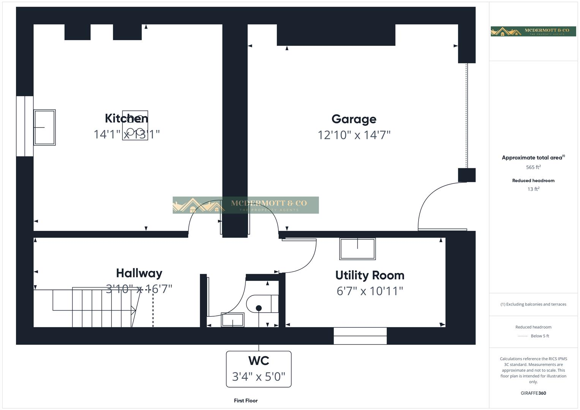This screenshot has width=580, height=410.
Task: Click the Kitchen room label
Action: pyautogui.click(x=126, y=118)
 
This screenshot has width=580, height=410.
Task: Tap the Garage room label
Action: pyautogui.click(x=354, y=119)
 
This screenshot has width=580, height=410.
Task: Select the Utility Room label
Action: pyautogui.click(x=370, y=275)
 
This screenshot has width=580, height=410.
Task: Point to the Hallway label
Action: pyautogui.click(x=139, y=273)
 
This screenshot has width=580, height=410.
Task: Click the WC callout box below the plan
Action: pyautogui.click(x=259, y=369)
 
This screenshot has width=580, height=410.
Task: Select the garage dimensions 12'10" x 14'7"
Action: pyautogui.click(x=354, y=135)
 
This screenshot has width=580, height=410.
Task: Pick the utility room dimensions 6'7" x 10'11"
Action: pyautogui.click(x=370, y=291)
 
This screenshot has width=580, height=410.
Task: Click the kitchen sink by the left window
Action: pyautogui.click(x=44, y=128)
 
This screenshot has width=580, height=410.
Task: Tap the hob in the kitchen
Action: pyautogui.click(x=135, y=126)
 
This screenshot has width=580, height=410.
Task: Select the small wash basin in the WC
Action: pyautogui.click(x=232, y=320)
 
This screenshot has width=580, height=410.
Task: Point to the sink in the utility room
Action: pyautogui.click(x=357, y=249)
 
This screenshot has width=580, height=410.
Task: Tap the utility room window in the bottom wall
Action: pyautogui.click(x=360, y=336)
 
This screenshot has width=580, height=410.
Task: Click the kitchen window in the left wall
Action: pyautogui.click(x=25, y=126)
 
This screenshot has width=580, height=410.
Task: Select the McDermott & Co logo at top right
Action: pyautogui.click(x=533, y=32)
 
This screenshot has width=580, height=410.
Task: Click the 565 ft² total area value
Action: pyautogui.click(x=533, y=167)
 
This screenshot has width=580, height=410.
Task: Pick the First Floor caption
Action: pyautogui.click(x=246, y=401)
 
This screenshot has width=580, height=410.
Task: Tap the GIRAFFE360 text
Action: pyautogui.click(x=533, y=393)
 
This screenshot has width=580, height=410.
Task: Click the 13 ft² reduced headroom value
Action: pyautogui.click(x=533, y=189)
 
